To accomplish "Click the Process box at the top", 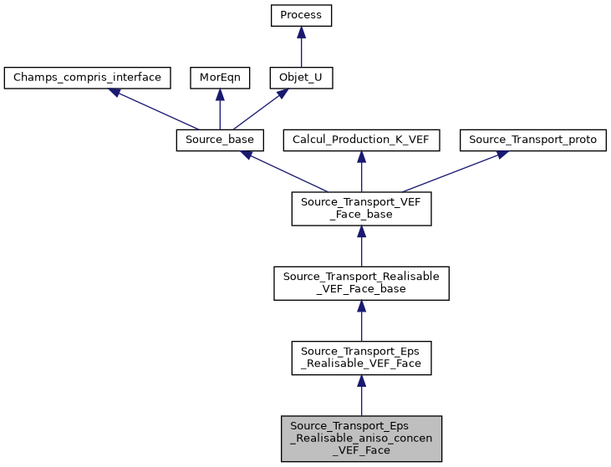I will (x=301, y=15).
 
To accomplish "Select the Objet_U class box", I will (x=301, y=78).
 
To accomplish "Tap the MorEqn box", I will (x=220, y=78).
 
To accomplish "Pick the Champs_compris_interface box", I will (x=88, y=78).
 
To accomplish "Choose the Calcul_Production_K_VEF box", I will (x=361, y=140).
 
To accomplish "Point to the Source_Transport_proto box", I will (x=533, y=140).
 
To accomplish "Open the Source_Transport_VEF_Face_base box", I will (x=361, y=209).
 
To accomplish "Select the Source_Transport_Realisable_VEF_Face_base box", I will (x=361, y=283).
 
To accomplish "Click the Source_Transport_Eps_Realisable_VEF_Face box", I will (x=361, y=358).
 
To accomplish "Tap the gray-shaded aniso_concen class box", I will (x=361, y=438).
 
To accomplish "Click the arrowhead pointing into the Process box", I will (x=301, y=32).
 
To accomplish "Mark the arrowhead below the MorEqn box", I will (x=220, y=94).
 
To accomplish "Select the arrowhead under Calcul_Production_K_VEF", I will (x=361, y=156).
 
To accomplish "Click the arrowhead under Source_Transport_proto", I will (x=501, y=155).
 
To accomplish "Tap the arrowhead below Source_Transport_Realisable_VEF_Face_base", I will (x=361, y=307).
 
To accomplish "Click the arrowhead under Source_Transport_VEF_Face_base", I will (x=361, y=232).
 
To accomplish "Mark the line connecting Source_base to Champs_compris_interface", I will (x=163, y=112).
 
